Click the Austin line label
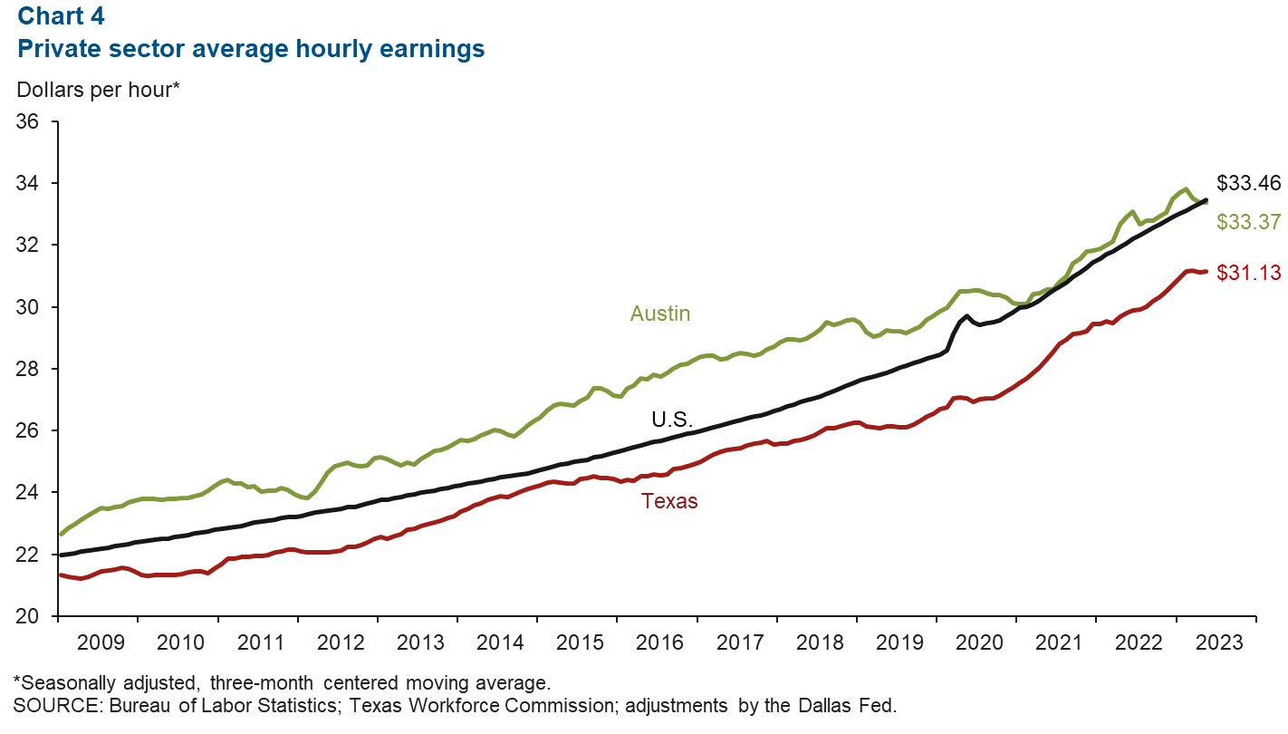659,314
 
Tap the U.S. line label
672,419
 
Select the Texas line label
669,500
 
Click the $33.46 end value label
1248,183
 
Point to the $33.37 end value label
1248,221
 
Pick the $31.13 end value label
1248,271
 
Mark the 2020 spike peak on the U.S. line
966,316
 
